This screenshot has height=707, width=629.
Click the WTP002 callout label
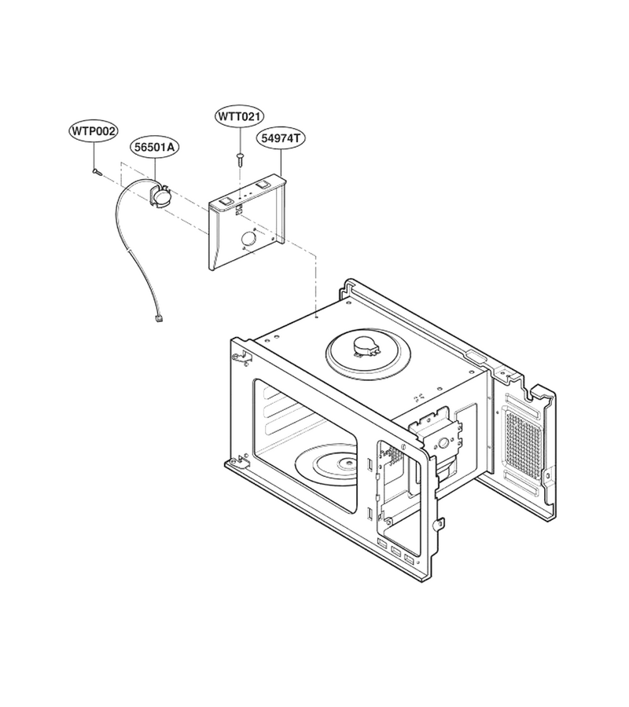94,132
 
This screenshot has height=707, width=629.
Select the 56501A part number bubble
154,147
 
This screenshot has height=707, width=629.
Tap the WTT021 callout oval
239,116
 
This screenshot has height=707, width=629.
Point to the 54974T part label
281,137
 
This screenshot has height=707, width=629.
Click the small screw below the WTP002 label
97,171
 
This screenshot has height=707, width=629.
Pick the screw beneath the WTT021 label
240,157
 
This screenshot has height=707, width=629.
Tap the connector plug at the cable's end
158,318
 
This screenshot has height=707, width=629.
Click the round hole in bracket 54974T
248,240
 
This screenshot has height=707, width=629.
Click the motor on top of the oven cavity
366,346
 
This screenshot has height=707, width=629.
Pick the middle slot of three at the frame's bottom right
396,551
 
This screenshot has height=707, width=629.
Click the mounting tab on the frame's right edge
437,524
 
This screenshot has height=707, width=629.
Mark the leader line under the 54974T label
281,161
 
